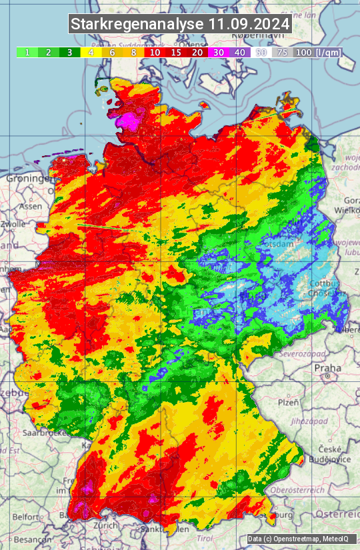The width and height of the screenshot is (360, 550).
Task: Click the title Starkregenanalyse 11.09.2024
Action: point(180,25)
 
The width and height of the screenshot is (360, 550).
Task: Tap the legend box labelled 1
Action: point(27,52)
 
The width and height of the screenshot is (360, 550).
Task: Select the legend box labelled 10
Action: point(155,52)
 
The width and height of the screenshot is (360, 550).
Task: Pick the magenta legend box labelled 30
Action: point(219,52)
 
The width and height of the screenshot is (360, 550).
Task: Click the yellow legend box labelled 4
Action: point(91,52)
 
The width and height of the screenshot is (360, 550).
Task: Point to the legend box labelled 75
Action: point(283,52)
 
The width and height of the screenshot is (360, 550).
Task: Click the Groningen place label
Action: point(29,179)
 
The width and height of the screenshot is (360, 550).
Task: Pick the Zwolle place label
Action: point(13,224)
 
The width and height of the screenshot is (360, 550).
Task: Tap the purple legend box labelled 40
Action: point(240,52)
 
